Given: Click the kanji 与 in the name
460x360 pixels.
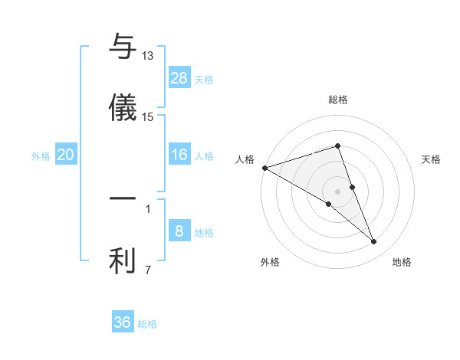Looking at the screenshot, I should coord(123,47).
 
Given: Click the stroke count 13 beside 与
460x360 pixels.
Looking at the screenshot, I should coord(148,56).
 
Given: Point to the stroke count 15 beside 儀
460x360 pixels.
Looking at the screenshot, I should coord(148,116).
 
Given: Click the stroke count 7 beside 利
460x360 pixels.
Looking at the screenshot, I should coord(148,270).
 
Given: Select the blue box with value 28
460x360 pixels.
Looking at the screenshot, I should coord(179,78).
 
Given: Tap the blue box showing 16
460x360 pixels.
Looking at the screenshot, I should coord(179,155).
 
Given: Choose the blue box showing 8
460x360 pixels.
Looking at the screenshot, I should coord(179,231).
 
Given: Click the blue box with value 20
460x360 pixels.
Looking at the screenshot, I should coord(66,155).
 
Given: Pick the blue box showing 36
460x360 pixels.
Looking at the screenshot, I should coord(123,322).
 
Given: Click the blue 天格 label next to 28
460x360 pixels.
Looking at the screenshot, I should coord(204,79).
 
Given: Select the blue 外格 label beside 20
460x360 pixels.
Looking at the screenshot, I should coord(41,156).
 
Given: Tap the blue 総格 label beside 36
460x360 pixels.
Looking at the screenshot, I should coord(147,324).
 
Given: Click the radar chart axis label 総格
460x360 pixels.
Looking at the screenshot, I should coord(338,100).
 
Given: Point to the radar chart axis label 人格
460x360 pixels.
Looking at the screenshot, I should coord(245,159).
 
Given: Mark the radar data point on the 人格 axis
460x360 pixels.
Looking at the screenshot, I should coord(264,168).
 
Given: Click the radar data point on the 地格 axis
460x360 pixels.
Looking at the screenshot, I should coord(374,242).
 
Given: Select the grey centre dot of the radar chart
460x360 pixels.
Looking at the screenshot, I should coord(338,191).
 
